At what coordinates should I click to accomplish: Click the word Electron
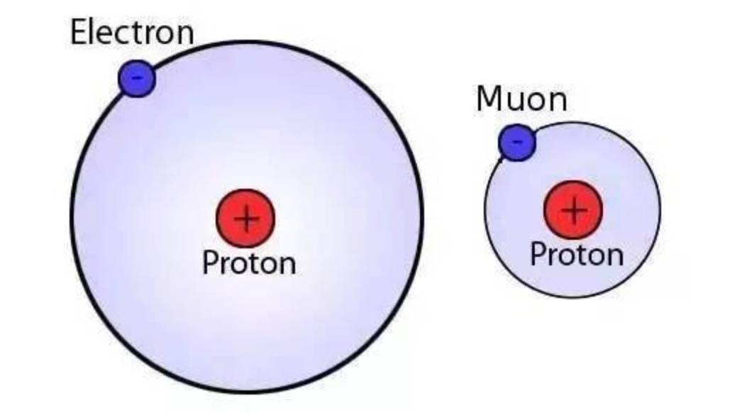click(132, 33)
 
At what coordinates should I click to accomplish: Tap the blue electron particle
click(137, 78)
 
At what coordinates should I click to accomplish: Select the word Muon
click(521, 99)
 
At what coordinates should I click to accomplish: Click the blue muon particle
click(517, 142)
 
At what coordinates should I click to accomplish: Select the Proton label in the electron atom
click(248, 263)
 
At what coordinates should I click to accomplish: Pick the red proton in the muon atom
click(573, 210)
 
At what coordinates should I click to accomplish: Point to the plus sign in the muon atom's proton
click(574, 210)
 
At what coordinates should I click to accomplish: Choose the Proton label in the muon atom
click(577, 254)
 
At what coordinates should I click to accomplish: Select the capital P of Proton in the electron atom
click(209, 263)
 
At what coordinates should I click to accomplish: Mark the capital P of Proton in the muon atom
click(537, 254)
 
